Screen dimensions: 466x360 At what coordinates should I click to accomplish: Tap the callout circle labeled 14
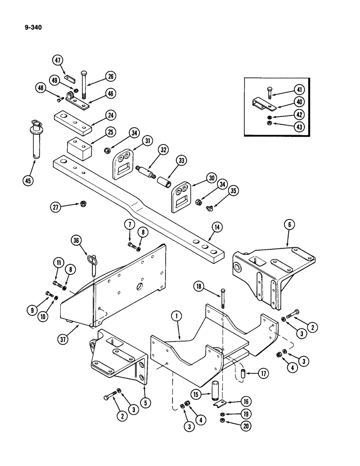coord(216,226)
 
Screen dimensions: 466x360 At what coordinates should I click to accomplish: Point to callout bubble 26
coord(111,76)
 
